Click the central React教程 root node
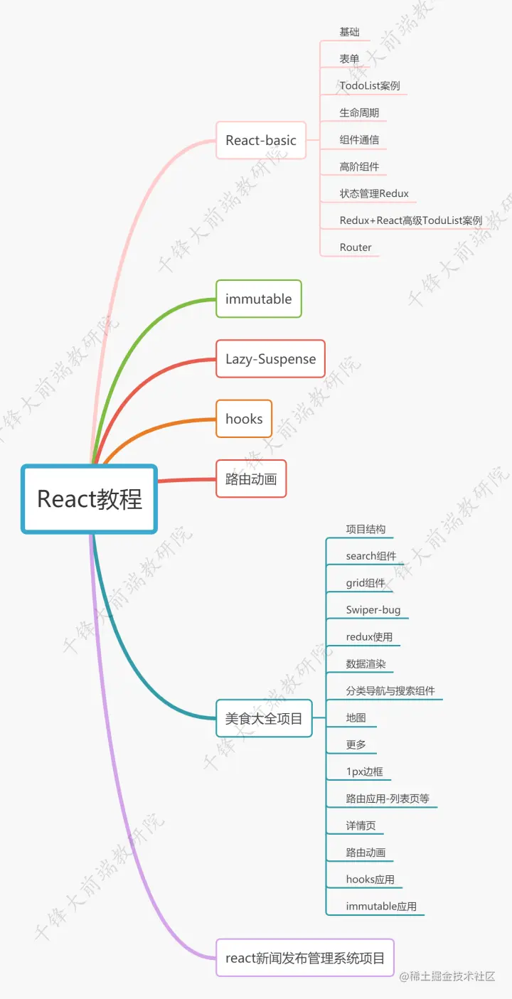[x=89, y=498]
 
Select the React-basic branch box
[x=261, y=140]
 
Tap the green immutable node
[x=259, y=299]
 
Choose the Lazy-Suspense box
[x=270, y=358]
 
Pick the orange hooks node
[x=244, y=419]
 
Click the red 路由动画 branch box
[x=251, y=479]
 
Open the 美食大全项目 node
[x=264, y=718]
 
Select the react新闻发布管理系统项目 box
[x=305, y=958]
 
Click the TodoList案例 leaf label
[x=370, y=86]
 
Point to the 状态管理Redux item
[x=374, y=193]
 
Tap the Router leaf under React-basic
[x=356, y=247]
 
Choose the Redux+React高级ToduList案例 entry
[x=411, y=220]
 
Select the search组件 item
[x=371, y=556]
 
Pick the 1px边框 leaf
[x=365, y=771]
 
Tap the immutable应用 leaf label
[x=381, y=907]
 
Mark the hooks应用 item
[x=370, y=880]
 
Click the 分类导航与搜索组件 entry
[x=390, y=690]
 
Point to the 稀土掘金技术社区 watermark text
[x=447, y=977]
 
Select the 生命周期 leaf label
[x=359, y=113]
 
